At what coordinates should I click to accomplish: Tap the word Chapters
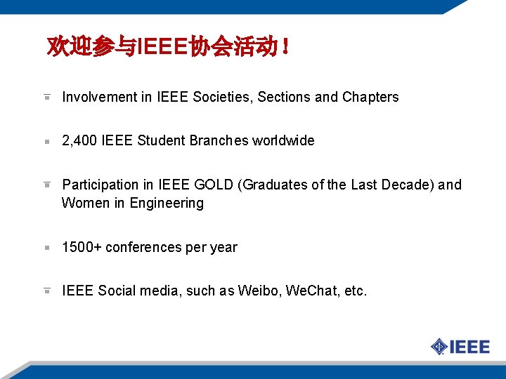(370, 97)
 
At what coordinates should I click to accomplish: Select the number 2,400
(79, 140)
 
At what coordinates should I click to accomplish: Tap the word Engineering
(166, 203)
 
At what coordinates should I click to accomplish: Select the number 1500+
(82, 247)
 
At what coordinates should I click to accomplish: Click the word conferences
(141, 247)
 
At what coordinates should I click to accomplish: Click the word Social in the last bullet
(117, 291)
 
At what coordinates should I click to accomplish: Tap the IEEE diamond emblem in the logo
(439, 346)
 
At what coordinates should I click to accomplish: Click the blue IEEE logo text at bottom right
(469, 346)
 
